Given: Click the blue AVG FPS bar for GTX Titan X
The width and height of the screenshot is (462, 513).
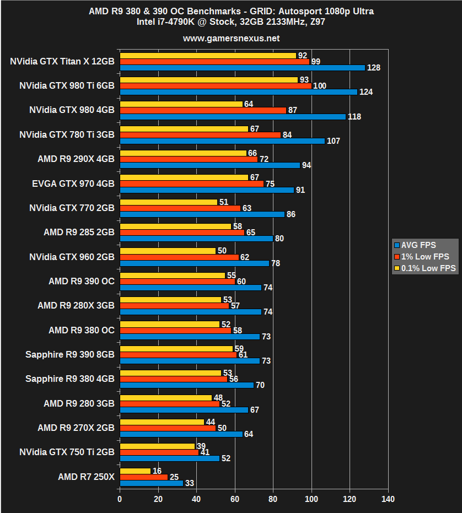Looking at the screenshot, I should pyautogui.click(x=243, y=68).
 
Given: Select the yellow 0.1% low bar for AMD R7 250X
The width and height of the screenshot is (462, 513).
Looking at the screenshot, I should pyautogui.click(x=135, y=471).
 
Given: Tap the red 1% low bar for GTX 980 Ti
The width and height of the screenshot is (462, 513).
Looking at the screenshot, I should pyautogui.click(x=216, y=86).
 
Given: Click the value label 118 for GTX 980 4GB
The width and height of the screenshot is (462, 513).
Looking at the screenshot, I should pyautogui.click(x=354, y=117).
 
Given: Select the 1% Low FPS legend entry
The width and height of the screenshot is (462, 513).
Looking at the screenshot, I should pyautogui.click(x=421, y=257).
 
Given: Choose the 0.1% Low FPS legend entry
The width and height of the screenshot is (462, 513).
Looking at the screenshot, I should pyautogui.click(x=424, y=268).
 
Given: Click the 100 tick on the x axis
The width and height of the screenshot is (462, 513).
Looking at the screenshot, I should pyautogui.click(x=311, y=500).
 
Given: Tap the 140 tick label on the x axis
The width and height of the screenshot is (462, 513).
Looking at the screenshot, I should pyautogui.click(x=388, y=500).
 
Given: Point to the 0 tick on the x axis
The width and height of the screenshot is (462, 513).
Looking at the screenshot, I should pyautogui.click(x=120, y=500).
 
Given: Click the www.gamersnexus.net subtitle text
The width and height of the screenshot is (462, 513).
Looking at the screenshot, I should pyautogui.click(x=231, y=39).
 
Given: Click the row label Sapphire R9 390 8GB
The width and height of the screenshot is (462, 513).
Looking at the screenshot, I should pyautogui.click(x=69, y=354).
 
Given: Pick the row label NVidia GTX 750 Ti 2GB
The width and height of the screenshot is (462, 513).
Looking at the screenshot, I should pyautogui.click(x=67, y=452).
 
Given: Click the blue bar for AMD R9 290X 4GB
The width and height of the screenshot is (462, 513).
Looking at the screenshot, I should pyautogui.click(x=209, y=165).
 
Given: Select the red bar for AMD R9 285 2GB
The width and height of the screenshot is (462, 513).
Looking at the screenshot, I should pyautogui.click(x=182, y=233).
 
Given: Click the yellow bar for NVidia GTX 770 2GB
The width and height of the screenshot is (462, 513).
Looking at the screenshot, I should pyautogui.click(x=168, y=202).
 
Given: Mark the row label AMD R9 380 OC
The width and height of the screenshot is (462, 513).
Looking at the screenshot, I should pyautogui.click(x=81, y=330).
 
